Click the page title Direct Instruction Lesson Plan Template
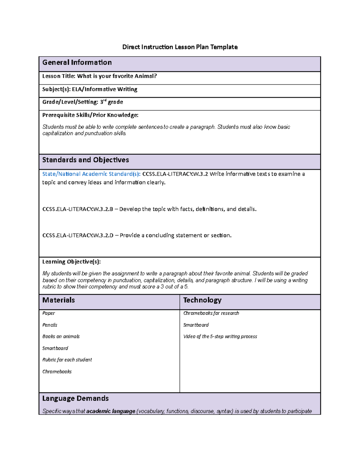[x=180, y=47]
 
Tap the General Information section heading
[x=77, y=62]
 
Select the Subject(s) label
[x=56, y=89]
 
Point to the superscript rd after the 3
[x=105, y=101]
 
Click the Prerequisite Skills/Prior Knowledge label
[x=90, y=115]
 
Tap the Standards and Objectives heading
[x=85, y=160]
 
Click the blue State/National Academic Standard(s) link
[x=91, y=174]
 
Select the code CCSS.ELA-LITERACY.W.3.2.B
[x=78, y=209]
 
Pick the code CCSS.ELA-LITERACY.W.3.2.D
[x=78, y=236]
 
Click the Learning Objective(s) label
[x=71, y=262]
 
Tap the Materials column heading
[x=58, y=300]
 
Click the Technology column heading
[x=202, y=300]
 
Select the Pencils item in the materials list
[x=50, y=325]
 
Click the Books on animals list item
[x=61, y=337]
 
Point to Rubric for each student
[x=67, y=360]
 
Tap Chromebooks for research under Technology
[x=211, y=313]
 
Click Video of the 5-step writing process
[x=220, y=337]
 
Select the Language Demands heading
[x=75, y=398]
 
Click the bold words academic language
[x=111, y=411]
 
